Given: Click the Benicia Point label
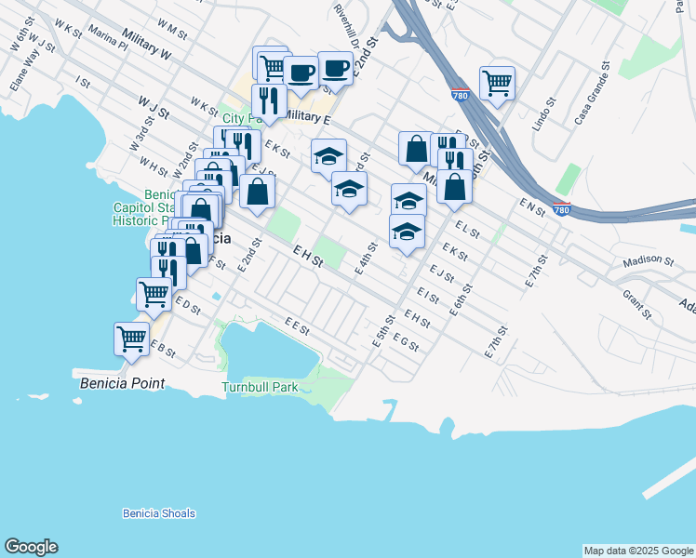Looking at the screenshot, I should pyautogui.click(x=122, y=383).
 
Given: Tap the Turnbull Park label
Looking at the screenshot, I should pyautogui.click(x=260, y=387).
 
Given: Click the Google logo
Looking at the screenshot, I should pyautogui.click(x=31, y=548).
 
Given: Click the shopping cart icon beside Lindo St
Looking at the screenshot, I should pyautogui.click(x=498, y=83).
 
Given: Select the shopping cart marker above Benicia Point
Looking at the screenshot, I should pyautogui.click(x=132, y=338).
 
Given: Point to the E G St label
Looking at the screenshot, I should pyautogui.click(x=406, y=342).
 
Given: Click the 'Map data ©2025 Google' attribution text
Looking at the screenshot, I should pyautogui.click(x=637, y=551).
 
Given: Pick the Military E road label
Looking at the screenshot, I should pyautogui.click(x=306, y=117).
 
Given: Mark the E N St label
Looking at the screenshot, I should pyautogui.click(x=533, y=206).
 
